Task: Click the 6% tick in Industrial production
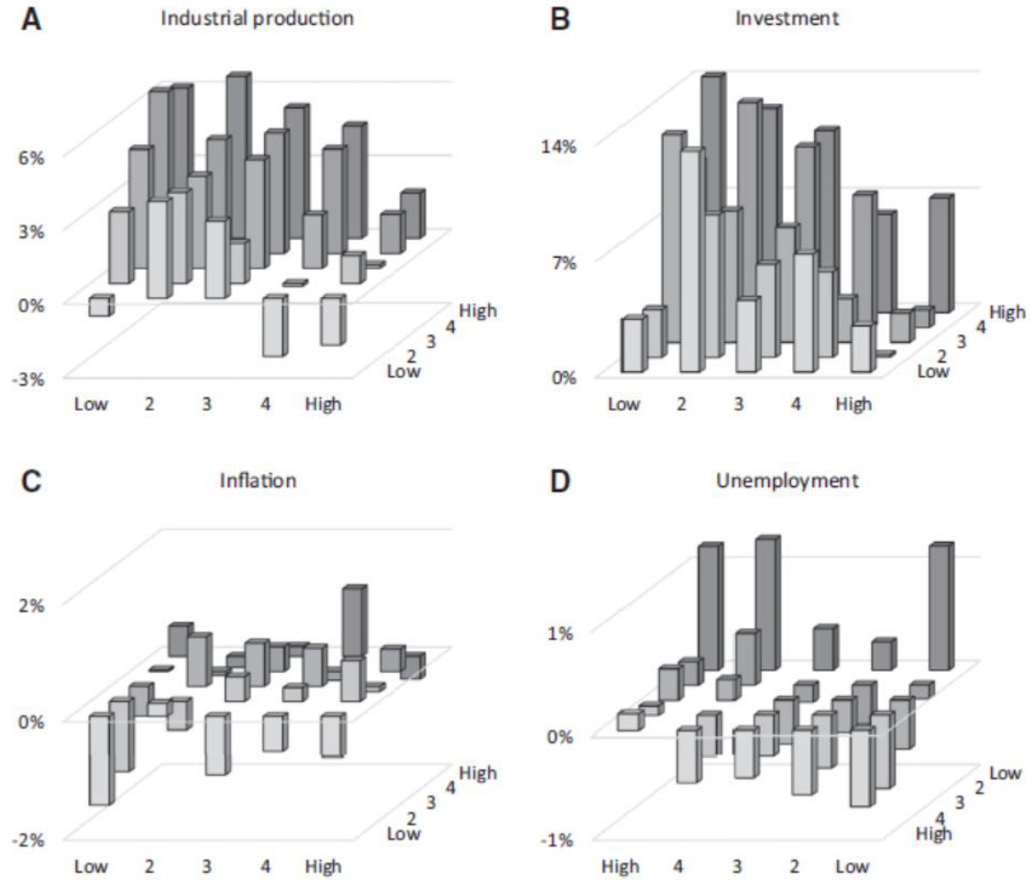[x=32, y=156]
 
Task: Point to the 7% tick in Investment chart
[x=561, y=261]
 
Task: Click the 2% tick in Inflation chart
[x=32, y=604]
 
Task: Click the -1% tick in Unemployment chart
[x=558, y=839]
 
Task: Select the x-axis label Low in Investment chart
[x=623, y=403]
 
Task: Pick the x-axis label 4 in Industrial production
[x=265, y=403]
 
